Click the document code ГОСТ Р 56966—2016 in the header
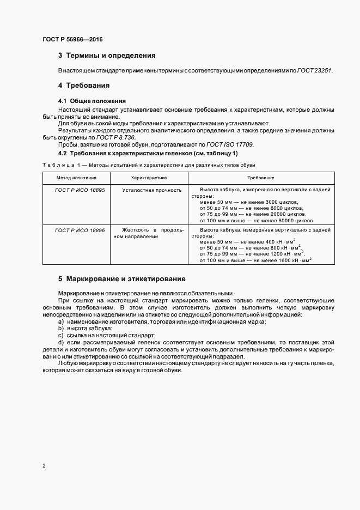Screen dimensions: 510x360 (72, 40)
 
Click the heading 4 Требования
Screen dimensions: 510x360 (84, 86)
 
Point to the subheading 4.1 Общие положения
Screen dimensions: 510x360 (91, 101)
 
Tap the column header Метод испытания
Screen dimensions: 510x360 (77, 178)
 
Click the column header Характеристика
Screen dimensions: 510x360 (149, 178)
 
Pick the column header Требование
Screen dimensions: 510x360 (260, 178)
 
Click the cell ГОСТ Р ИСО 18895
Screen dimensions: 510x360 (80, 189)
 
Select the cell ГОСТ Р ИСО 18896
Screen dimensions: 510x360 (80, 230)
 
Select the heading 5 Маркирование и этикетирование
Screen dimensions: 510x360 (121, 279)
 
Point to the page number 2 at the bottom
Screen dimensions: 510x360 (44, 466)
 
